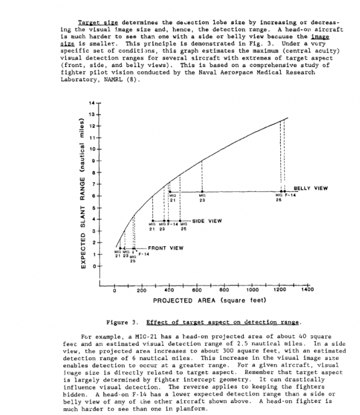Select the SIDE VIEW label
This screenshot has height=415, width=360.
207,221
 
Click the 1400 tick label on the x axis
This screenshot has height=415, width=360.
306,289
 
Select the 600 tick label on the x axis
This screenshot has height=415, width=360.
197,289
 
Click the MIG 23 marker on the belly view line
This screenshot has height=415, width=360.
202,191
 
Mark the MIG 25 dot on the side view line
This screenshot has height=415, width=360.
182,220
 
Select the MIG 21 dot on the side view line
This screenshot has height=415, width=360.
153,220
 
